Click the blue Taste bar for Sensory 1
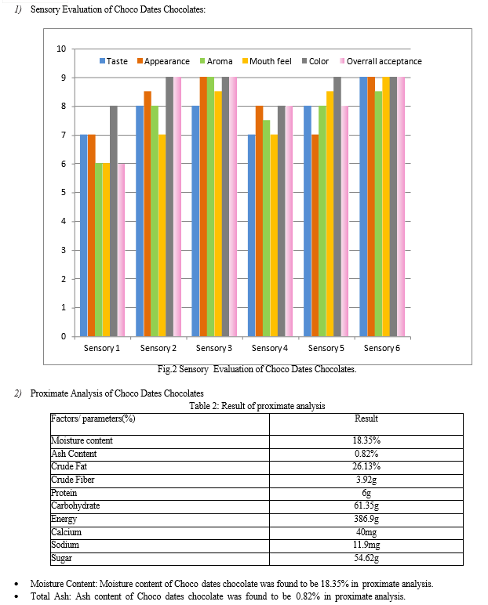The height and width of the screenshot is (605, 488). pos(83,235)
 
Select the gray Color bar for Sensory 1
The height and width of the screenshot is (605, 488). pos(114,221)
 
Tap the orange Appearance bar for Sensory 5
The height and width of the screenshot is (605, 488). pos(315,235)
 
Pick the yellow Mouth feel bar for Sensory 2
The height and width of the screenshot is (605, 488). pos(162,235)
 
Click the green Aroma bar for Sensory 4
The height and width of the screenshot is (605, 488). pos(266,228)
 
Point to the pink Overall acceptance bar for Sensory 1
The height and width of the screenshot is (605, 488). pos(122,250)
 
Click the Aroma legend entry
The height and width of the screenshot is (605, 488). pos(216,61)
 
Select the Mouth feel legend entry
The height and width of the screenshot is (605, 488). pos(267,61)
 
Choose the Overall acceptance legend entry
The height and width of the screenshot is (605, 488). pos(381,61)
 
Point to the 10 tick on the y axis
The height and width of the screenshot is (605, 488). pos(61,49)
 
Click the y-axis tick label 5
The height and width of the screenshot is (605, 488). pos(64,193)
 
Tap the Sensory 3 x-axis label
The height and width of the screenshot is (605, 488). pos(213,348)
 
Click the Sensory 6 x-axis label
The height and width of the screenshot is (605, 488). pos(382,348)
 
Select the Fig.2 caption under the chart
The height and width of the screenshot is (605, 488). pos(257,369)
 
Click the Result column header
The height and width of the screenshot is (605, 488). pos(366,418)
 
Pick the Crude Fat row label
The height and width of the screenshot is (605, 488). pos(69,466)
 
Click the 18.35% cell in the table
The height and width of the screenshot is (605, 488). pos(366,440)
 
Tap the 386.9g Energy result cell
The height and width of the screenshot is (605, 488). pos(366,519)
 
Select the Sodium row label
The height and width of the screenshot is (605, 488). pos(65,545)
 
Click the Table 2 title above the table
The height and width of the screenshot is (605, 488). pos(257,406)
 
